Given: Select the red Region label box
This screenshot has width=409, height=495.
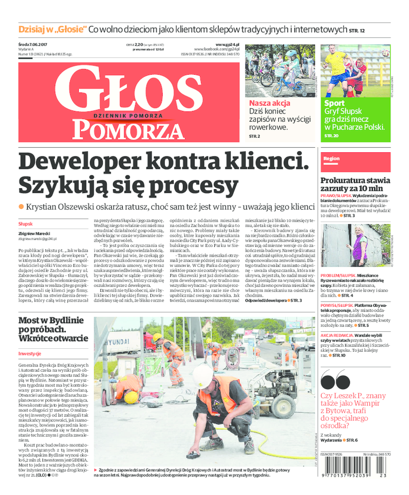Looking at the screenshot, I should (x=331, y=159).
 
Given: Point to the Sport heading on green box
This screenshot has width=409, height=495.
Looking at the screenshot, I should (x=334, y=103).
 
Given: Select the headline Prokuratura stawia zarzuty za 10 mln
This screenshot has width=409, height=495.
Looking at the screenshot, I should (x=354, y=185).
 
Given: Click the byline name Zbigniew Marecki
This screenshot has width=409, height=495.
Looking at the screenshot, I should (x=32, y=233).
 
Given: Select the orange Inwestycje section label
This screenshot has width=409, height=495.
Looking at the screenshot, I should (x=29, y=353).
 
